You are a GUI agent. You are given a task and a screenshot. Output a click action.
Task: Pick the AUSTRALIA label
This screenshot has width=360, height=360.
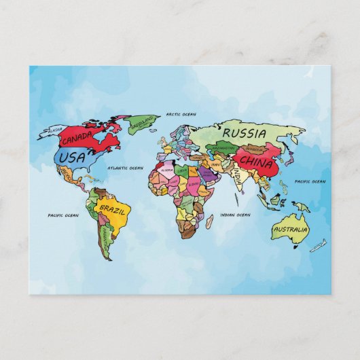pyautogui.click(x=290, y=230)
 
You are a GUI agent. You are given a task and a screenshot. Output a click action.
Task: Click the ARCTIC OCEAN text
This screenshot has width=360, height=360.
pyautogui.click(x=181, y=114)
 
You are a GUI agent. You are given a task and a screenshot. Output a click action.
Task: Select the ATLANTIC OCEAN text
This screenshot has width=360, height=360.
pyautogui.click(x=126, y=167)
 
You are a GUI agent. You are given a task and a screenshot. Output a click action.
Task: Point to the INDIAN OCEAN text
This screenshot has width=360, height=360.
pyautogui.click(x=236, y=215)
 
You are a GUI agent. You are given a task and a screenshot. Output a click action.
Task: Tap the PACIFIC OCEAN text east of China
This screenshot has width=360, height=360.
pyautogui.click(x=310, y=181)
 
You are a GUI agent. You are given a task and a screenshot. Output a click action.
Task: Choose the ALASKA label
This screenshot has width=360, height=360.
pyautogui.click(x=54, y=129)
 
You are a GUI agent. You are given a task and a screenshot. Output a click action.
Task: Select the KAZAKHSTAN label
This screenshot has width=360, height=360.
pyautogui.click(x=223, y=147)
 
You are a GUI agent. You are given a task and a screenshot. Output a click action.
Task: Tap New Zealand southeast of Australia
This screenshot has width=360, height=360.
pyautogui.click(x=319, y=246)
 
